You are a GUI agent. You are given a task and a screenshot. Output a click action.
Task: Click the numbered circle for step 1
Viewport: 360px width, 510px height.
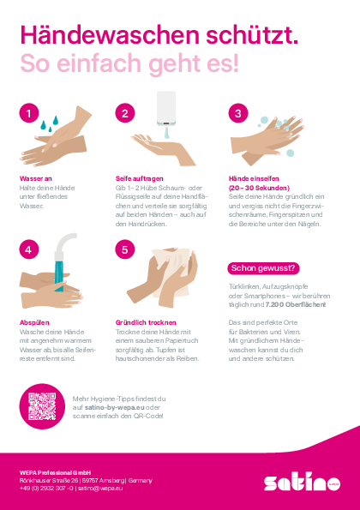pyautogui.click(x=29, y=113)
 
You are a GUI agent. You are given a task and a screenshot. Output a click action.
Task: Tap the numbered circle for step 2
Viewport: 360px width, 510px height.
pyautogui.click(x=125, y=113)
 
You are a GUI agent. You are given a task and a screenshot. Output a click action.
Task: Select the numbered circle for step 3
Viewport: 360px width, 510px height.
pyautogui.click(x=238, y=113)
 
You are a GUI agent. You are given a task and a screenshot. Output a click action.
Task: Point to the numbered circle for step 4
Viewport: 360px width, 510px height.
pyautogui.click(x=29, y=249)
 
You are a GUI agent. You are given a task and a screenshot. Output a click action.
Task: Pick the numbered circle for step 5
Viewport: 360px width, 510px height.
pyautogui.click(x=125, y=249)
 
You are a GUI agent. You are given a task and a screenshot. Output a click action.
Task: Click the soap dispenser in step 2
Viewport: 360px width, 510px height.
pyautogui.click(x=166, y=109)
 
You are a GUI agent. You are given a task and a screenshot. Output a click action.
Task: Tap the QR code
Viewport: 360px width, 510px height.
pyautogui.click(x=42, y=406)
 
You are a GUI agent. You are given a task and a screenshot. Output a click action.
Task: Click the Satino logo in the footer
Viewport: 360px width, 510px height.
pyautogui.click(x=302, y=483)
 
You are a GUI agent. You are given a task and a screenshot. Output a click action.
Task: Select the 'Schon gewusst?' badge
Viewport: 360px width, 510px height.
pyautogui.click(x=263, y=268)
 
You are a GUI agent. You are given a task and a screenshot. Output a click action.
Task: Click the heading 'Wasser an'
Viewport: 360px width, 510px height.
pyautogui.click(x=36, y=178)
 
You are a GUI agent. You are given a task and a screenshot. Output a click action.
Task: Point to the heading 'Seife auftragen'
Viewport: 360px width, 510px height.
pyautogui.click(x=140, y=178)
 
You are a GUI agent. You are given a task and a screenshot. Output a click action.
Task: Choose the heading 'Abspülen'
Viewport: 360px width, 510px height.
pyautogui.click(x=34, y=322)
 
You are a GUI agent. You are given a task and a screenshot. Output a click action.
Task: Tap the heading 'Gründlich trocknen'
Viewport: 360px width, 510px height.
pyautogui.click(x=146, y=322)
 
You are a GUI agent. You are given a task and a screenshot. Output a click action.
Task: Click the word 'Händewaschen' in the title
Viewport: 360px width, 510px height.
pyautogui.click(x=110, y=35)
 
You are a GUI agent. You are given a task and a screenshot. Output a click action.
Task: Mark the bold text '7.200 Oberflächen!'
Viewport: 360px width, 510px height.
pyautogui.click(x=296, y=305)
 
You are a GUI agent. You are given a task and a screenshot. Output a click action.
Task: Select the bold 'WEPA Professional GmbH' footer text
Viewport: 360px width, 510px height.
pyautogui.click(x=55, y=472)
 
